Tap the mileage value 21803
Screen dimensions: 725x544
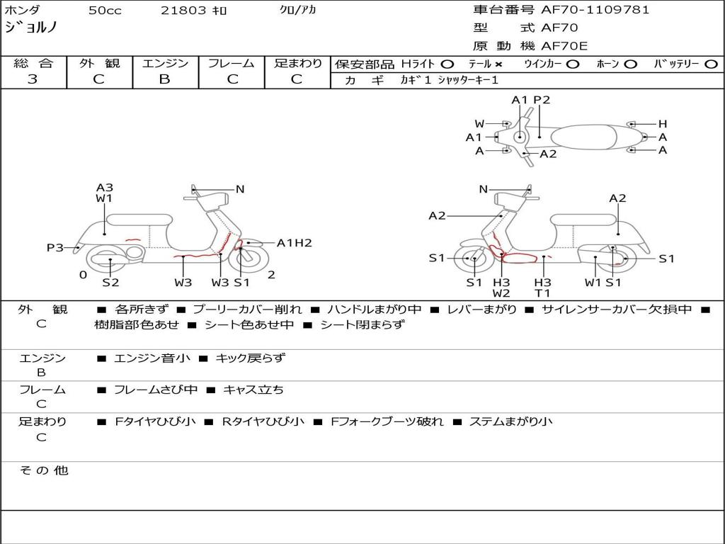(183, 11)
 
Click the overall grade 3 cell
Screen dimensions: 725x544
(33, 79)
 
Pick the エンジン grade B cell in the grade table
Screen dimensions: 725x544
(165, 79)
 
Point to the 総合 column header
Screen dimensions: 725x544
(33, 64)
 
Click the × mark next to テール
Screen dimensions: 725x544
(498, 64)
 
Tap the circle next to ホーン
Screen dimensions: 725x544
(630, 64)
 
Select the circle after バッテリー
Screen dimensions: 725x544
(711, 64)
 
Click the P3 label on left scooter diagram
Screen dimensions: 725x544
(55, 248)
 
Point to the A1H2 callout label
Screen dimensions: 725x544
(294, 243)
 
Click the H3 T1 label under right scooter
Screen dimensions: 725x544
(542, 288)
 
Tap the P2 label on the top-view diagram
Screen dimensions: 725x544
(542, 100)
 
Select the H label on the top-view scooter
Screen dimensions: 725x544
(663, 124)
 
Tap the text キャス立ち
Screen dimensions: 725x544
(253, 390)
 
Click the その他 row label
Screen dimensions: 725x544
(43, 470)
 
